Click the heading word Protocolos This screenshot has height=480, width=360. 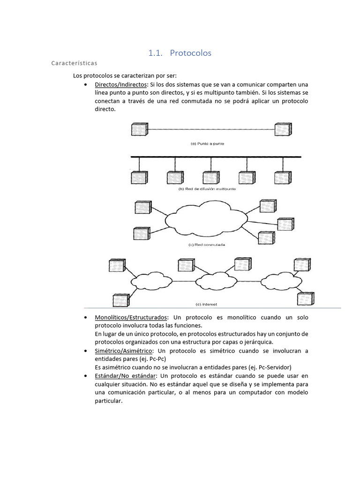point(190,53)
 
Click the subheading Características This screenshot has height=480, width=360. point(75,62)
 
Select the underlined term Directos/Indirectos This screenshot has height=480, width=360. point(121,84)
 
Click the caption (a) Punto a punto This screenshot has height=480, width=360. point(207,143)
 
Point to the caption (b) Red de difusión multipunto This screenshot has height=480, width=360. point(207,189)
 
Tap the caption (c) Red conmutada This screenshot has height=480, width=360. point(207,245)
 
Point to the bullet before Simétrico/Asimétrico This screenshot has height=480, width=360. point(85,351)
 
